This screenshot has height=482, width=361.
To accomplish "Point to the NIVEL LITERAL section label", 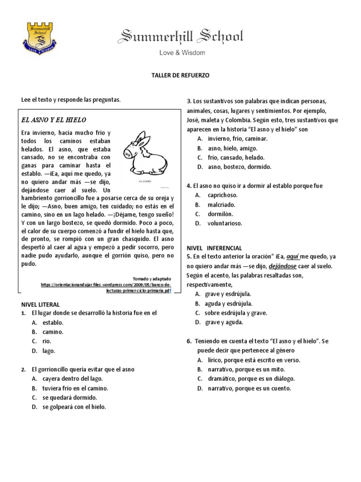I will [41, 304].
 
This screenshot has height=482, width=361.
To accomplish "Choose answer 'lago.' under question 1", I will [48, 351].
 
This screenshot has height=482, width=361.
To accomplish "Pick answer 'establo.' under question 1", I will [53, 322].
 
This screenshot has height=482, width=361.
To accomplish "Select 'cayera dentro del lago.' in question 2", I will [72, 378].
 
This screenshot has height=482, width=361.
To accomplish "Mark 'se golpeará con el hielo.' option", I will [74, 407].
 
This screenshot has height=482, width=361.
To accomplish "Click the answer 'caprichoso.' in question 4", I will [222, 195].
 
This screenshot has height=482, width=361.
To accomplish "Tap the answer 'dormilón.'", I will [220, 214].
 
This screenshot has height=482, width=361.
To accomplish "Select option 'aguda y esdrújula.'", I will [228, 303].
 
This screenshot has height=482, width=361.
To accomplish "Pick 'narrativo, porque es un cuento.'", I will [249, 388].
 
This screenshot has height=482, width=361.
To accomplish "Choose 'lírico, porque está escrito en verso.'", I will [253, 360].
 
